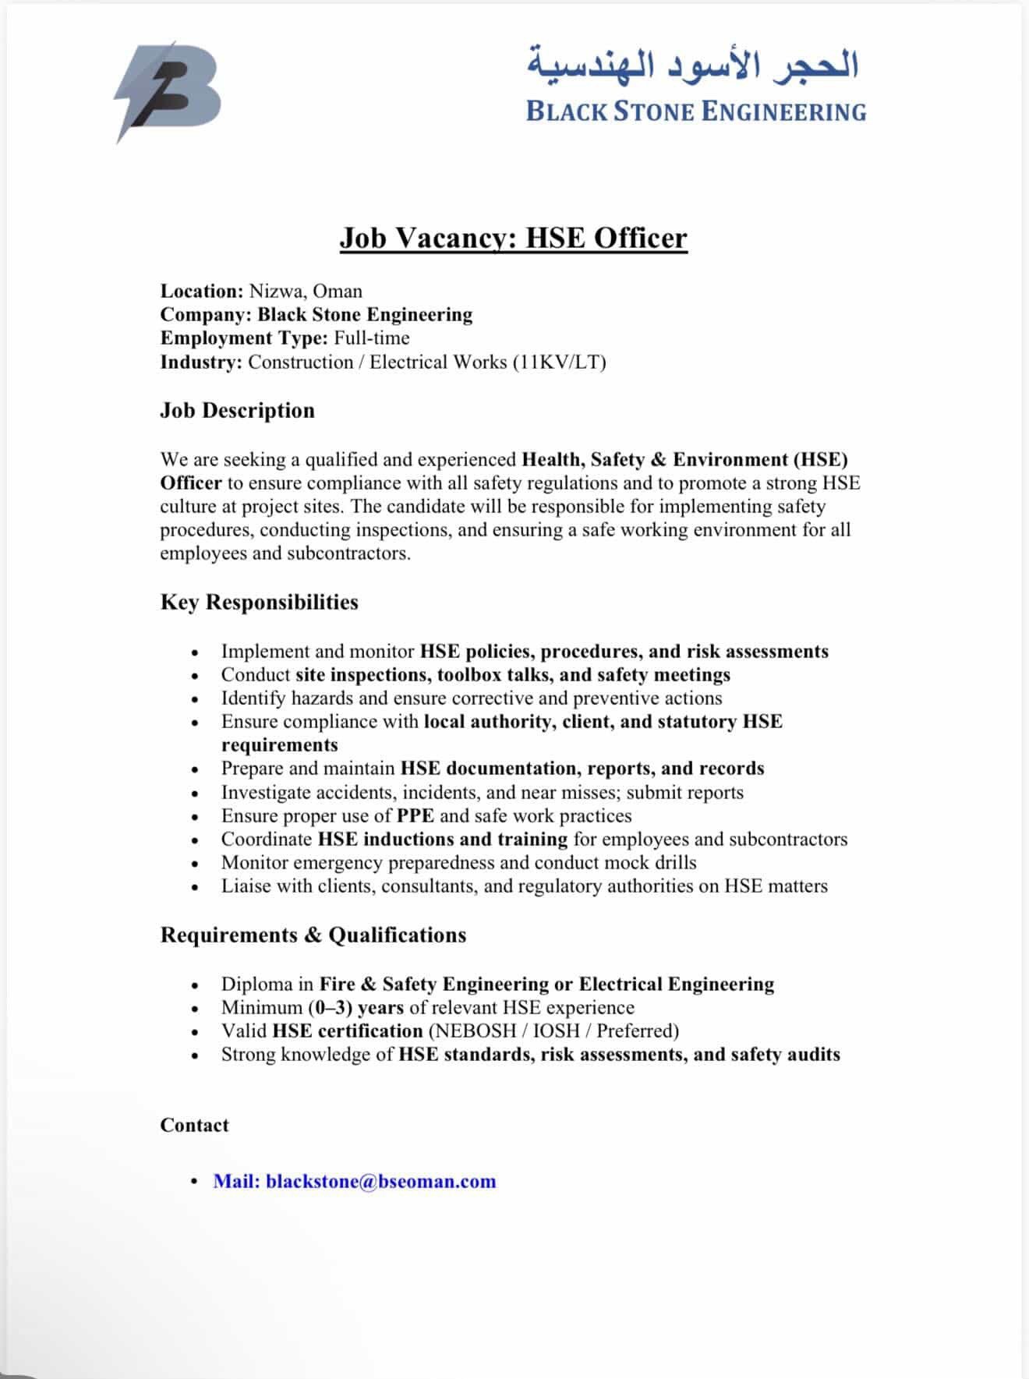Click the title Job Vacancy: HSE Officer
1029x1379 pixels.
[x=513, y=238]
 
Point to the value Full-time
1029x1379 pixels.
[x=372, y=338]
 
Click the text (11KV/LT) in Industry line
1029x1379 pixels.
[x=559, y=362]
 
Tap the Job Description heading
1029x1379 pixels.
[x=237, y=411]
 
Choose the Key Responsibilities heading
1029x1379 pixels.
[x=259, y=603]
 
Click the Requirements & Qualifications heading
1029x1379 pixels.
[x=313, y=935]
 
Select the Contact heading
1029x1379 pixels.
[x=194, y=1126]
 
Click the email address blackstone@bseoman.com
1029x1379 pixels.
[x=380, y=1182]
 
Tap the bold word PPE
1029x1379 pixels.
[x=415, y=816]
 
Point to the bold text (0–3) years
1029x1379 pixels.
[x=355, y=1008]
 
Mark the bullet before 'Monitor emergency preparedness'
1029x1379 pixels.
[x=195, y=864]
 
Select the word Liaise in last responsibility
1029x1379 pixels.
[x=246, y=886]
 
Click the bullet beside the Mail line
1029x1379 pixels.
[x=195, y=1182]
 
